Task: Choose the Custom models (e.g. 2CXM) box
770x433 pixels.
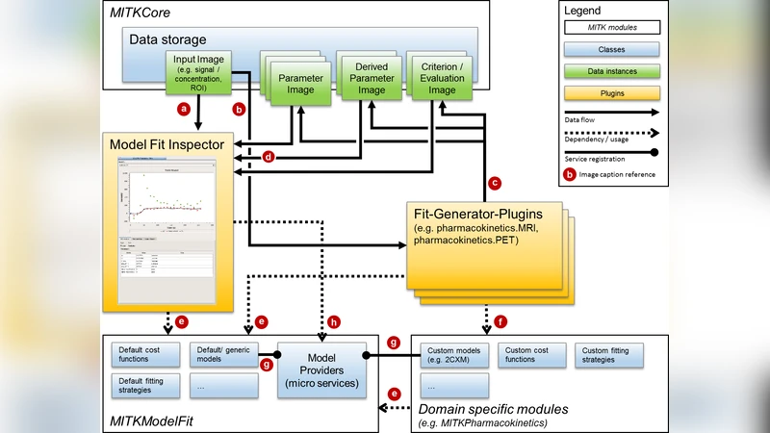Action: click(x=455, y=355)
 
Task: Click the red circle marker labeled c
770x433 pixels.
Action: click(x=495, y=181)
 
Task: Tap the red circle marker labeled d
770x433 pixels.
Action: click(x=269, y=156)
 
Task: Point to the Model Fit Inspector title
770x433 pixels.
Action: click(x=167, y=144)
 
